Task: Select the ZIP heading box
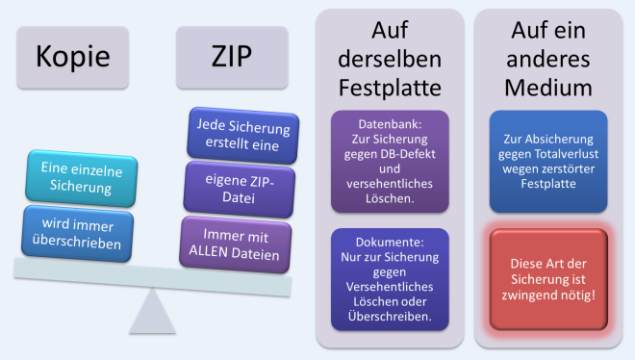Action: pos(231,57)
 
